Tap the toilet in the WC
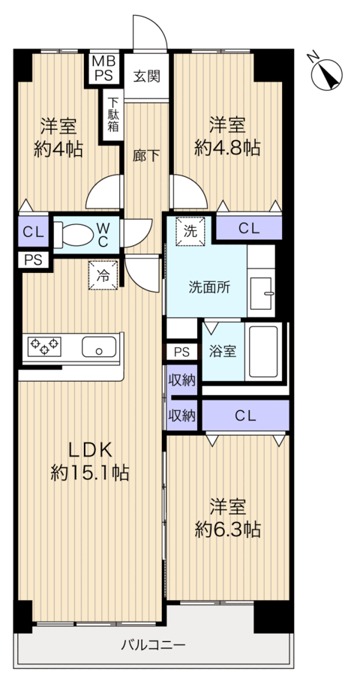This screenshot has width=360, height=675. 73,235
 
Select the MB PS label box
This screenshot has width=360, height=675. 103,68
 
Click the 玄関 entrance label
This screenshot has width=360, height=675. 146,76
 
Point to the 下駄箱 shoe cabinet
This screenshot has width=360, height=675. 113,115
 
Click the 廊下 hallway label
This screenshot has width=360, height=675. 146,156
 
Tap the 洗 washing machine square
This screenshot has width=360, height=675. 190,231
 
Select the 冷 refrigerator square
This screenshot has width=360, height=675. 103,275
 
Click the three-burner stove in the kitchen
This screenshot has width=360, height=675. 44,346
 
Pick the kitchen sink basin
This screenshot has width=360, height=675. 99,347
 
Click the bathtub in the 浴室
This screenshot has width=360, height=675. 263,351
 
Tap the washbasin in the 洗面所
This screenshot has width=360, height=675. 261,293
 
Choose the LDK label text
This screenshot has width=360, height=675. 91,450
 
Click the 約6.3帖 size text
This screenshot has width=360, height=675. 228,529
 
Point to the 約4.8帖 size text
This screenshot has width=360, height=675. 227,148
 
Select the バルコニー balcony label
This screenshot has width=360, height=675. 153,645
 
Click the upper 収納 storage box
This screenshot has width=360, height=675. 182,379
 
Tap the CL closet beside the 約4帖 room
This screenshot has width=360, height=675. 34,232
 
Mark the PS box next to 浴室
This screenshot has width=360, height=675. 182,352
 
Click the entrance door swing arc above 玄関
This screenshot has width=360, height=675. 150,31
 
